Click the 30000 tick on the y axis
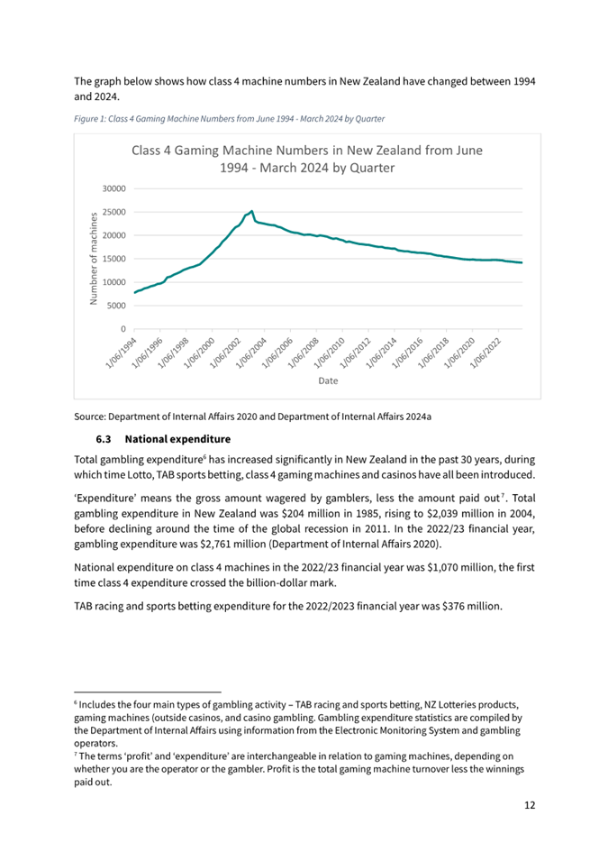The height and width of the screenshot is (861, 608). tap(113, 189)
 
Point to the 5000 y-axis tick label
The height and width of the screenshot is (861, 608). tap(115, 306)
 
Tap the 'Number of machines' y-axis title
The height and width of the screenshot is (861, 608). tap(93, 258)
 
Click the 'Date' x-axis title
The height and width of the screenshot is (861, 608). tap(328, 381)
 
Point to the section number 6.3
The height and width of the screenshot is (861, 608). tap(102, 440)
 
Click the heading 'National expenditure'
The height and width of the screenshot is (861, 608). tap(179, 440)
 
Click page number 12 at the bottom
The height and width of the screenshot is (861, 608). tap(530, 804)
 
